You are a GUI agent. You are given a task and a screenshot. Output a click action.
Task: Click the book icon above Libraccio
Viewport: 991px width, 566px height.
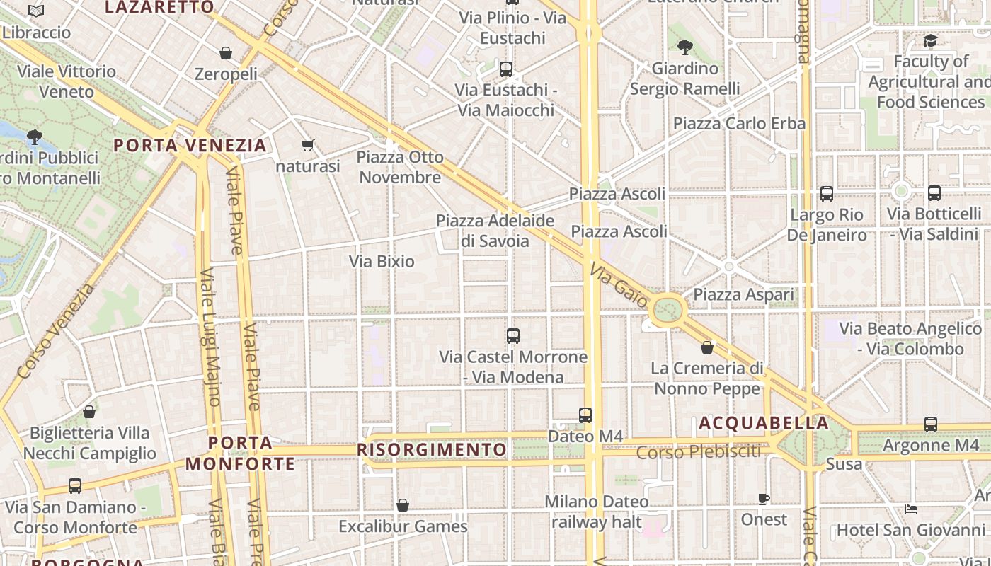(x=36, y=11)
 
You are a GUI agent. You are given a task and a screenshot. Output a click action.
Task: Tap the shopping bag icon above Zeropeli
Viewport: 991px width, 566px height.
(x=226, y=53)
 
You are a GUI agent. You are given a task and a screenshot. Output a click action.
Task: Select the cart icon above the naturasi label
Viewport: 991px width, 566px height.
(x=307, y=146)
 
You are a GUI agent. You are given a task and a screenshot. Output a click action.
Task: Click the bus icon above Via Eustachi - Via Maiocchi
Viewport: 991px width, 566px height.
(x=505, y=69)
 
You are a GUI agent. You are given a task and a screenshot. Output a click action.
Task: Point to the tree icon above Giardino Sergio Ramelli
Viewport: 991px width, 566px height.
(x=684, y=47)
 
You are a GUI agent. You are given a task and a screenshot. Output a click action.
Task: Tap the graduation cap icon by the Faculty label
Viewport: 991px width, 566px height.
(x=930, y=41)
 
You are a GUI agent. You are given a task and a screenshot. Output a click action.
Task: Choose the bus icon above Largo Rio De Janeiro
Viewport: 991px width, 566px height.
(x=826, y=194)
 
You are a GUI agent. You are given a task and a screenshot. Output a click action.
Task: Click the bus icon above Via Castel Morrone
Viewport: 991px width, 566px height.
(x=513, y=336)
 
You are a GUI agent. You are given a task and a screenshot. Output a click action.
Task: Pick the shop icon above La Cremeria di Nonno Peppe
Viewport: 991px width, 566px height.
(x=706, y=347)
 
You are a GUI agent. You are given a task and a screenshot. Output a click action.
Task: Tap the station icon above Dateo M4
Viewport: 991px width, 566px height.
(x=585, y=415)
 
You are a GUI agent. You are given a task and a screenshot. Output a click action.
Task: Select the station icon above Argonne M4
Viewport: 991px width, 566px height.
(x=930, y=424)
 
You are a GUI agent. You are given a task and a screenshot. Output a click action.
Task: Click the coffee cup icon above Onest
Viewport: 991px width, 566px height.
(x=764, y=499)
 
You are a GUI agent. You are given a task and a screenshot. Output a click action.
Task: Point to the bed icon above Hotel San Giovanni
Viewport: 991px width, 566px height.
(x=911, y=509)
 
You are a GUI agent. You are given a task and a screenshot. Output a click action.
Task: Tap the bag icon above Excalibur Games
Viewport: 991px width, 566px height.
(x=403, y=505)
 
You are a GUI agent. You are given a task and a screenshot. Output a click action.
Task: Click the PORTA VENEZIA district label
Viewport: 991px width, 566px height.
(x=190, y=146)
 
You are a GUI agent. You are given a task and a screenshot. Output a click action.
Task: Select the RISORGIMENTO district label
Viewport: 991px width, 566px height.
(x=432, y=450)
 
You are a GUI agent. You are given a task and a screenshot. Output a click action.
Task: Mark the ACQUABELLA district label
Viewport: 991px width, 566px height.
(x=763, y=423)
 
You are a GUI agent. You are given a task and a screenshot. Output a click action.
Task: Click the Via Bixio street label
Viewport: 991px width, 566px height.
(x=382, y=261)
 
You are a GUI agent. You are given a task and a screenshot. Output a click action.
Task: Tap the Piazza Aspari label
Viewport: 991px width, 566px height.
(x=743, y=294)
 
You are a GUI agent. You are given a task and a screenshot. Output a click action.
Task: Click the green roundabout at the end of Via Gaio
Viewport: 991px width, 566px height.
(x=668, y=309)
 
